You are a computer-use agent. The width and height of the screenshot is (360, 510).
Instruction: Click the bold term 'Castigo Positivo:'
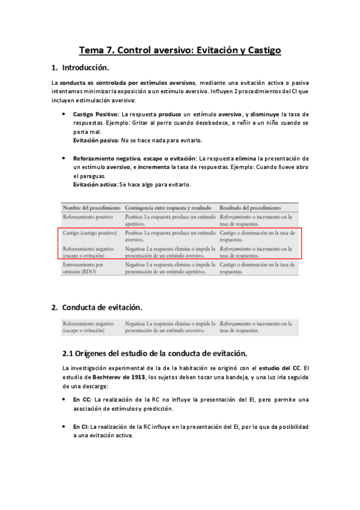96,114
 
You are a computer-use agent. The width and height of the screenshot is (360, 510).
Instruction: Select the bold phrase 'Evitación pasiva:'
96,140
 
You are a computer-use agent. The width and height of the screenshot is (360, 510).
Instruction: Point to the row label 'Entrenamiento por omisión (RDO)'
83,268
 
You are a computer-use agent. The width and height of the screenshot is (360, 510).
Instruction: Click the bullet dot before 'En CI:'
64,426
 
